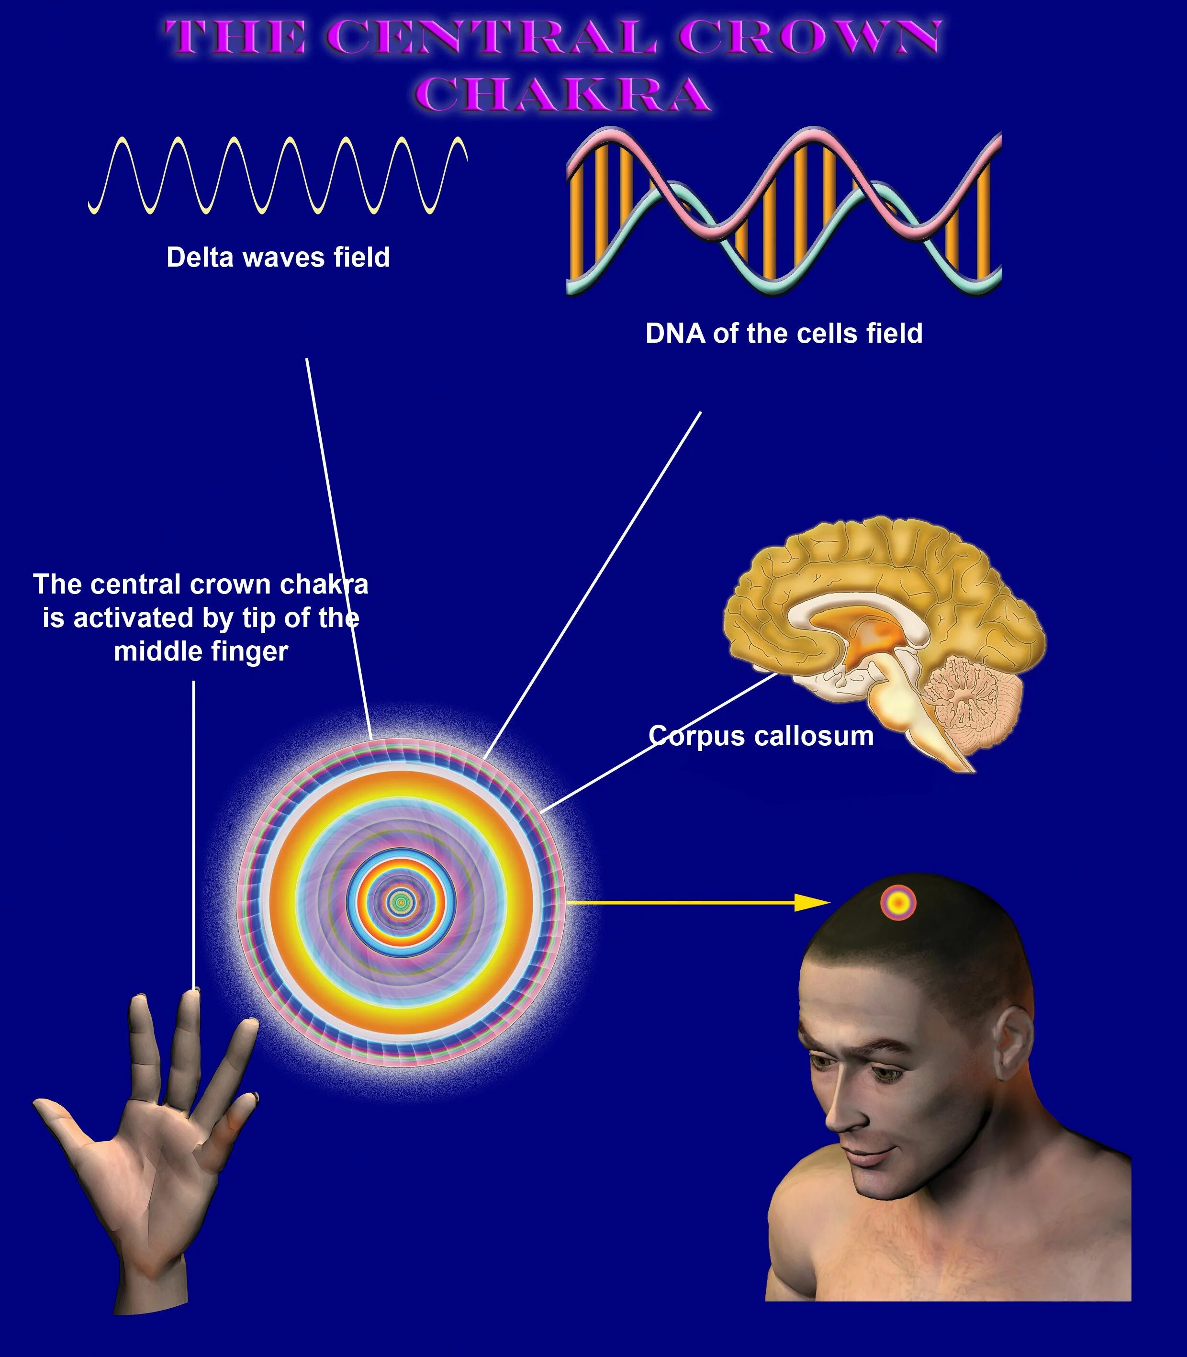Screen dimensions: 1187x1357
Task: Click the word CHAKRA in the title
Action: click(566, 94)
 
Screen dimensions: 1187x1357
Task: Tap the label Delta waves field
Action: click(278, 258)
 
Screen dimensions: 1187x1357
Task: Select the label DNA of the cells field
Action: click(784, 333)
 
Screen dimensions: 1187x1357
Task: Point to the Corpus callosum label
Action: click(761, 736)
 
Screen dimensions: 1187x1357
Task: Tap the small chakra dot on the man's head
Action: click(898, 902)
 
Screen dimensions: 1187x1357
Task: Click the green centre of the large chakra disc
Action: click(400, 902)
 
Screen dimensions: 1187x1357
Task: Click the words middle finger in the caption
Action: click(201, 651)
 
